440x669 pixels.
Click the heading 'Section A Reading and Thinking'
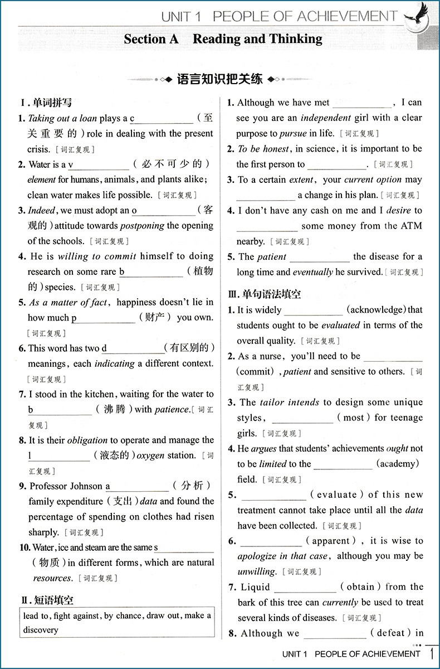tap(223, 39)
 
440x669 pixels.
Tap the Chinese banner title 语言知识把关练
tap(219, 79)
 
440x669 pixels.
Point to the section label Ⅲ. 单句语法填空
tap(264, 294)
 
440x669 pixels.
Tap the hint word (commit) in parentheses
tap(256, 371)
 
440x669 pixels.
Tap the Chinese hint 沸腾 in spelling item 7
tap(114, 409)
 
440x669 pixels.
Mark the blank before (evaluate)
tap(273, 495)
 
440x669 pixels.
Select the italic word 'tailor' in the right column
tap(272, 402)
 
